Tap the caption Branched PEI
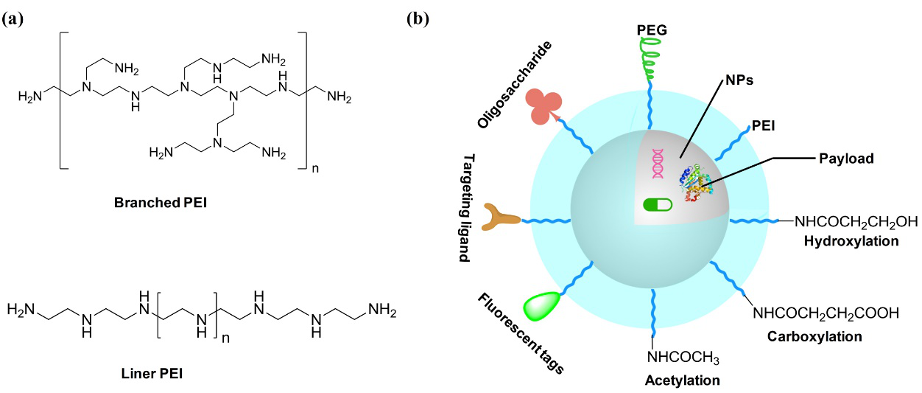click(158, 201)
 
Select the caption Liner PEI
click(152, 373)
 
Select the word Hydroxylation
click(851, 241)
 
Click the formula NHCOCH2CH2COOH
click(825, 313)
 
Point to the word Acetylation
click(682, 380)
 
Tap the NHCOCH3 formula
click(682, 358)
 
